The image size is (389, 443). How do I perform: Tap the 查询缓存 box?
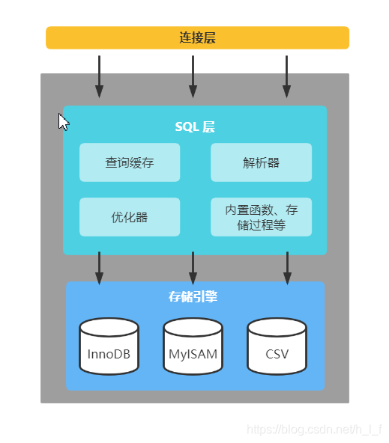[x=130, y=162]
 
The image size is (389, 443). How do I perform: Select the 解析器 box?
[x=261, y=162]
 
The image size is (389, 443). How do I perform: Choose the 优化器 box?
[x=130, y=217]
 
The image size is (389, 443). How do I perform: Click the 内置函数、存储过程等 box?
[x=261, y=217]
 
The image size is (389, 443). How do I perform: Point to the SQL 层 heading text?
[x=195, y=126]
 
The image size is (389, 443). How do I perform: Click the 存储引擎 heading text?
[x=193, y=297]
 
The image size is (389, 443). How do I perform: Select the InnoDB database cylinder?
[x=109, y=346]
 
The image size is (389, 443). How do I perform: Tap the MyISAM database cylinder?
[x=193, y=346]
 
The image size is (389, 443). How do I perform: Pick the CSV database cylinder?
[x=277, y=346]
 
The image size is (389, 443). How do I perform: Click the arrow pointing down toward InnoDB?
[x=99, y=268]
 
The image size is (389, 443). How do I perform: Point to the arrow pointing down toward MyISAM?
[x=193, y=268]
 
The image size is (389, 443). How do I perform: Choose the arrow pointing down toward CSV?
[x=286, y=268]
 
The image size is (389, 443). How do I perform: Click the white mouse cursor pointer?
[x=64, y=122]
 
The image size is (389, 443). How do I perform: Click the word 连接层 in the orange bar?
[x=197, y=38]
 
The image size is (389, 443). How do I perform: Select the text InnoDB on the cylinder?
[x=109, y=354]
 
